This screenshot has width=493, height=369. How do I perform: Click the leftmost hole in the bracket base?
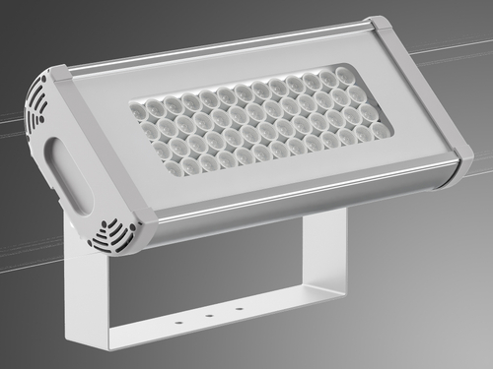[180, 321]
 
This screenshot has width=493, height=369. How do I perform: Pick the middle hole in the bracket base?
[209, 315]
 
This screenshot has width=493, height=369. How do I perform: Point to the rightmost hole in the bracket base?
[238, 309]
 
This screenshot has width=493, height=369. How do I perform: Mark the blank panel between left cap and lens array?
[108, 148]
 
